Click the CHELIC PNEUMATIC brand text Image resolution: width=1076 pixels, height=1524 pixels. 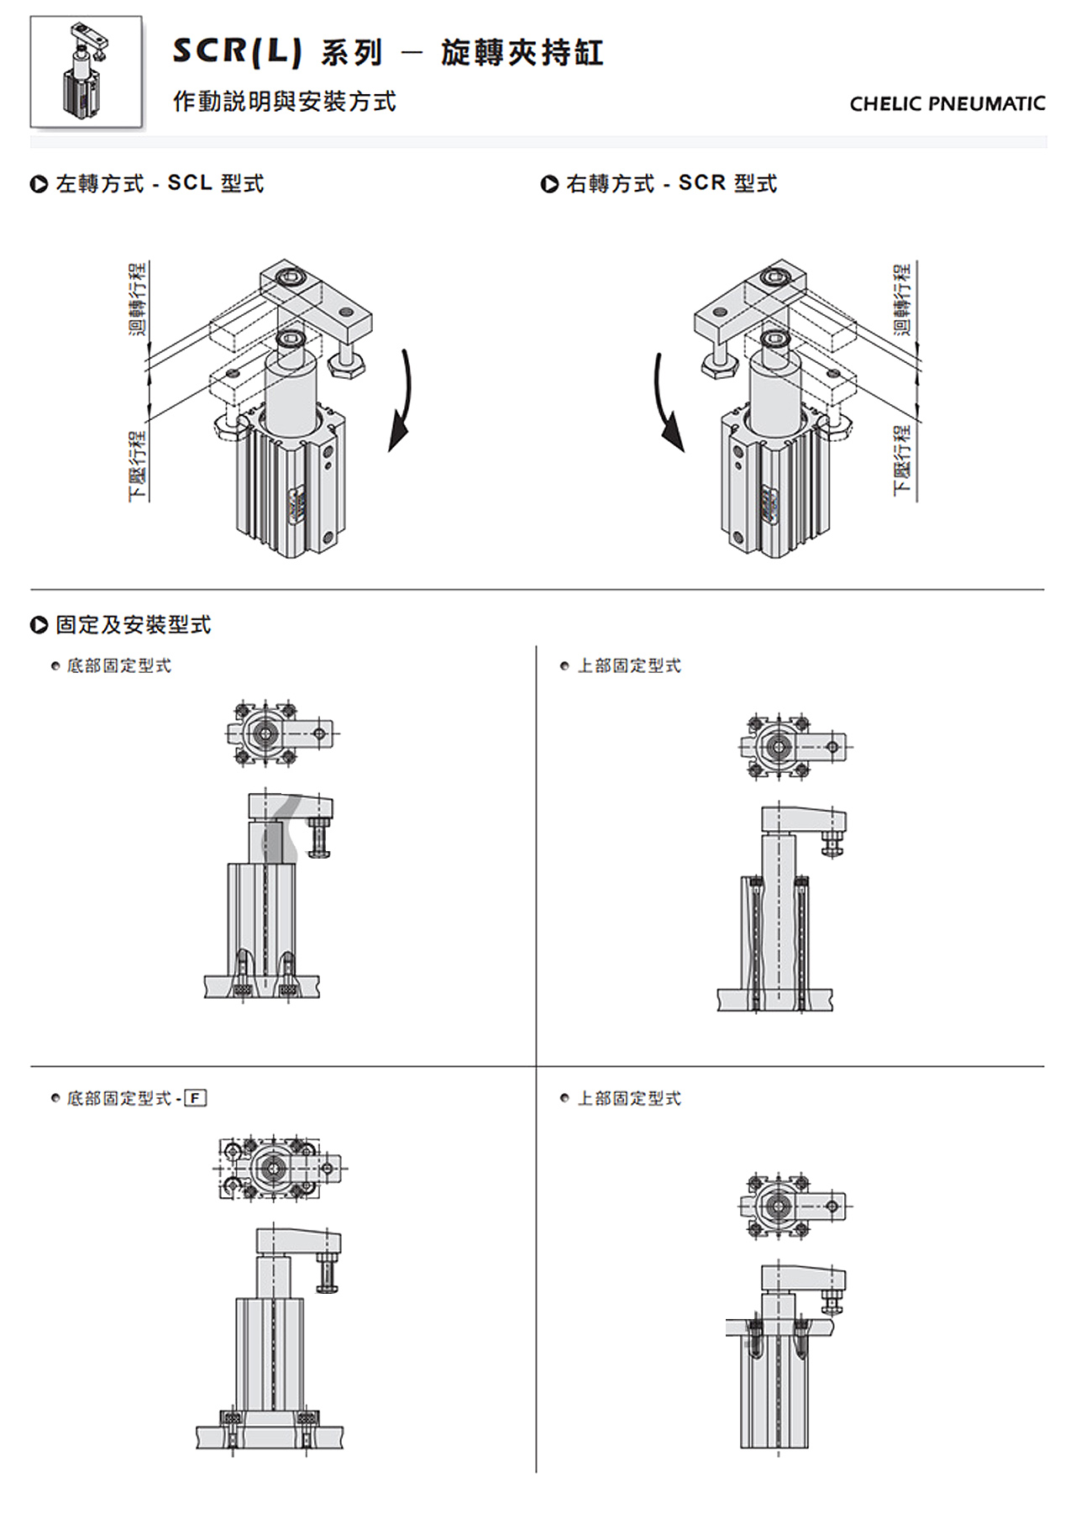947,104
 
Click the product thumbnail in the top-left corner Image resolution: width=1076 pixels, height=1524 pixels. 86,72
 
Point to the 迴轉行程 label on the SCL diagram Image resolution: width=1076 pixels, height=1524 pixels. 138,298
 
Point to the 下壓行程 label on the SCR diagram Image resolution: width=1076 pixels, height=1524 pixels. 902,460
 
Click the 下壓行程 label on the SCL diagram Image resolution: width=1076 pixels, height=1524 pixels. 138,466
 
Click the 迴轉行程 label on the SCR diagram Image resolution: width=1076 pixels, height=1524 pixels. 902,298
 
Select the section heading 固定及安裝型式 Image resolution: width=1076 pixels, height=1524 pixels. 133,625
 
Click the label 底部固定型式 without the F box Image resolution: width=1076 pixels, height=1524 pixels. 118,666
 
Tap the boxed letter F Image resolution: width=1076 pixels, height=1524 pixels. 195,1098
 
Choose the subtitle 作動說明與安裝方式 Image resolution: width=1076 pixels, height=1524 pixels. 284,102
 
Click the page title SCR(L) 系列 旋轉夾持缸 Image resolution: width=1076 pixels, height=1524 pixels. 387,53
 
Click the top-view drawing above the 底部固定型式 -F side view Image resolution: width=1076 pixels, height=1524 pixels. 280,1168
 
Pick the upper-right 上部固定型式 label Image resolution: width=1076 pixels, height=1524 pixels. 629,666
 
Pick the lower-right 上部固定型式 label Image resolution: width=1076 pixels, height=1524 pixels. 629,1098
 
